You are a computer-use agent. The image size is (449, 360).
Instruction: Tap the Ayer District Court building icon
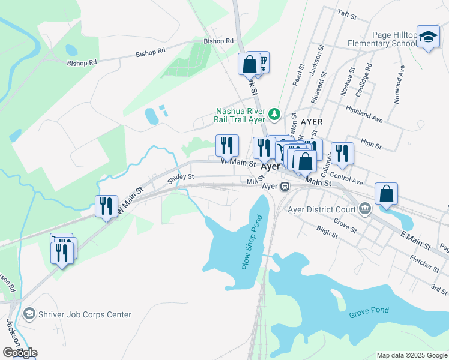pos(364,209)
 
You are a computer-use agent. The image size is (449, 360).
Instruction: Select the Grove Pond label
pos(369,311)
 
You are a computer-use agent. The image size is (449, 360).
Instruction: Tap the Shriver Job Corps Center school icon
pos(28,314)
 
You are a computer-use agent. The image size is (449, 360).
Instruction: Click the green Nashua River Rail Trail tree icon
pos(274,113)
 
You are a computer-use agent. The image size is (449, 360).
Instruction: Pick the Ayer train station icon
pos(285,186)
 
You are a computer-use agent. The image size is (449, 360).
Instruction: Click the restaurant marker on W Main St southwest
pos(106,206)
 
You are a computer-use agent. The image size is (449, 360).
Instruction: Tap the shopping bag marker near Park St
pos(250,64)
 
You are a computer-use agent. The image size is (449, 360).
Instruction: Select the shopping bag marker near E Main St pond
pos(387,193)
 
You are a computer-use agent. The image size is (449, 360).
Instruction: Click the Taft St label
pos(346,12)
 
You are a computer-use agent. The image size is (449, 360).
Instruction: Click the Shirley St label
pos(181,176)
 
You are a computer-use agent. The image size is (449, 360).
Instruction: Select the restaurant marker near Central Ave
pos(342,153)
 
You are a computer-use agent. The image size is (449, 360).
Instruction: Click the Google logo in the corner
pos(19,353)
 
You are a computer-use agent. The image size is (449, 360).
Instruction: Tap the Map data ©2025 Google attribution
pos(411,355)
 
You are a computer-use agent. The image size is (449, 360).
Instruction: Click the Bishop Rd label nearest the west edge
pos(82,62)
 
